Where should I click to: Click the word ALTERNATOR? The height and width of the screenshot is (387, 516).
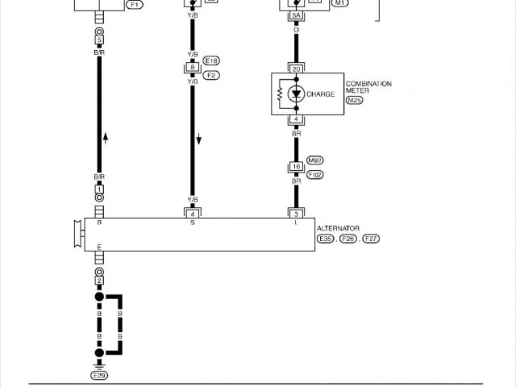point(339,229)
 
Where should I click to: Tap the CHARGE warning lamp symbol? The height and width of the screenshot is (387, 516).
point(296,94)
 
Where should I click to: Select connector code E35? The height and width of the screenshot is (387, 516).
point(326,239)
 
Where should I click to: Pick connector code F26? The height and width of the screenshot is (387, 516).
point(348,239)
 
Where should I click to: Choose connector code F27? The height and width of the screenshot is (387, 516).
point(372,239)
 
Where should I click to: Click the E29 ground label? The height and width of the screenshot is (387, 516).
point(99,375)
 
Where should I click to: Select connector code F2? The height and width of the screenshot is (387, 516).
point(212,75)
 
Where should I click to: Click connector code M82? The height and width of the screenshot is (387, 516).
point(315,160)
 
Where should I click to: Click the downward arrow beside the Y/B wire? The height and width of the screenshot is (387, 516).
point(198,139)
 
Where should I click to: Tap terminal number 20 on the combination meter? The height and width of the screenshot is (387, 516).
point(296,69)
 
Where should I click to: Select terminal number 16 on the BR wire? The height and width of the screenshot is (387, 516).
point(296,167)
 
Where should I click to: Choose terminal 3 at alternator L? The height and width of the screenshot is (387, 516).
point(296,213)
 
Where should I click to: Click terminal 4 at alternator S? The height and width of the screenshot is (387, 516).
point(192,213)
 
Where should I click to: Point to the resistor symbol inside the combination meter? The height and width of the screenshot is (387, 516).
point(280,94)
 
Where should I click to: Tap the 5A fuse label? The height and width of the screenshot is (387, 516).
point(296,15)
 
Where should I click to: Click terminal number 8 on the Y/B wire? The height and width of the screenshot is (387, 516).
point(192,68)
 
